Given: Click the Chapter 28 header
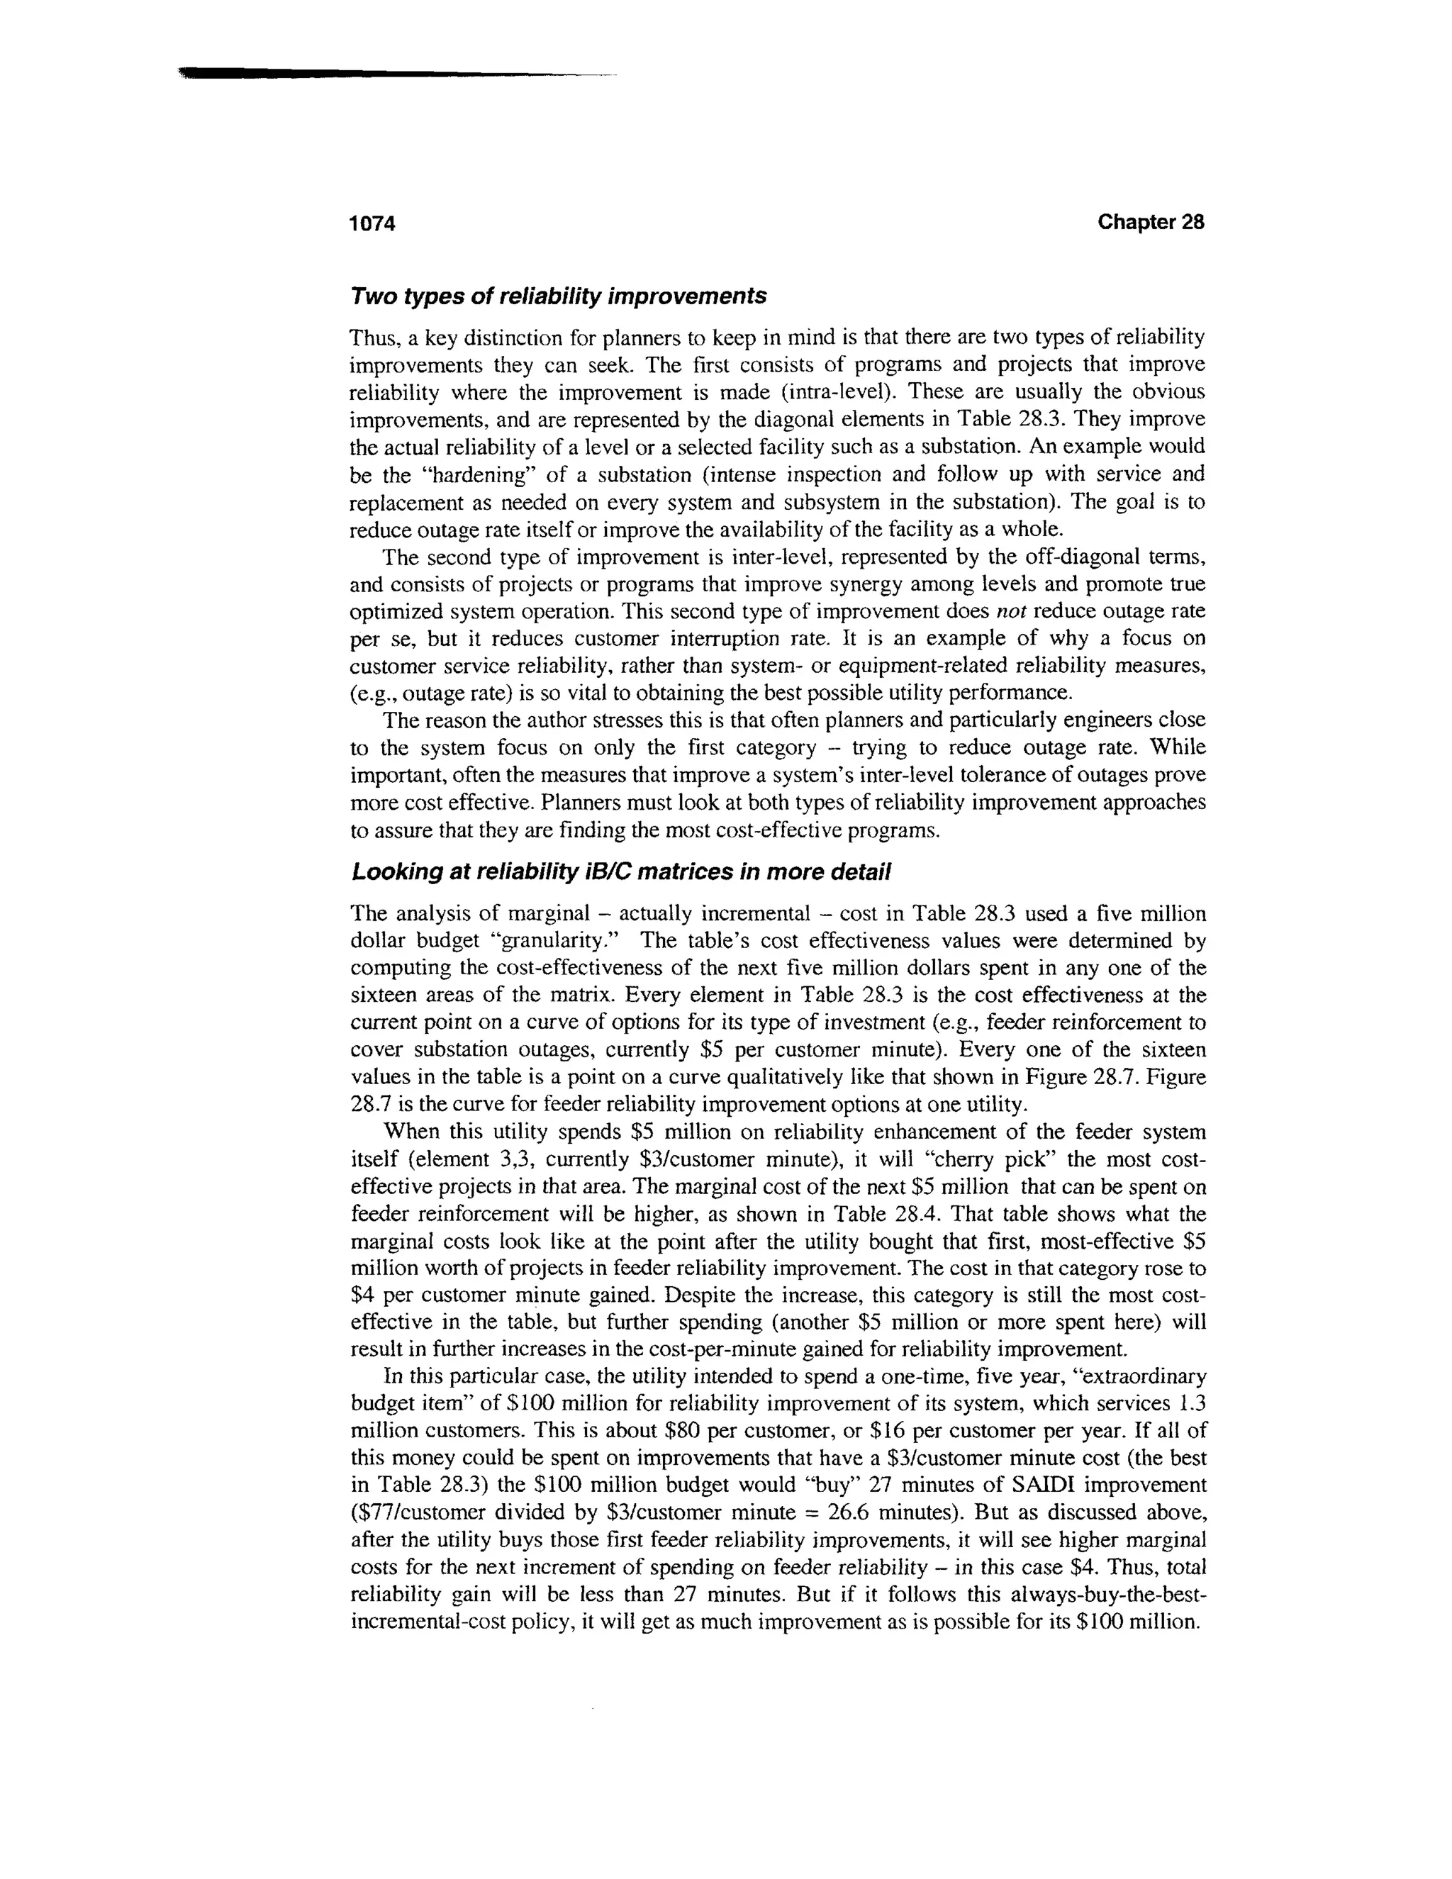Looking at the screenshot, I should coord(1150,223).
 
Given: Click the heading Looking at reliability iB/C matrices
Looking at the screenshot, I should coord(620,872).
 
